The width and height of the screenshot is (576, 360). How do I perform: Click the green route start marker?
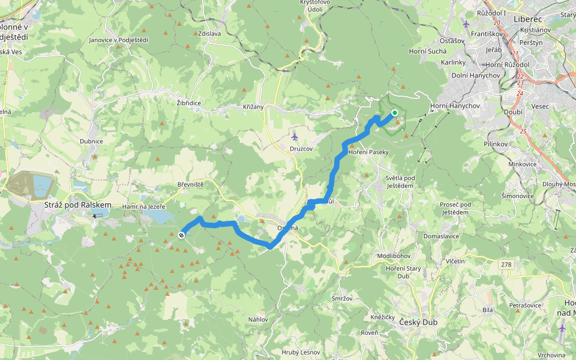pyautogui.click(x=395, y=113)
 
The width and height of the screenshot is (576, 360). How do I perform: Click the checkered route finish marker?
pyautogui.click(x=181, y=235)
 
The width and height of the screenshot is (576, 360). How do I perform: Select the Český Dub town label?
pyautogui.click(x=418, y=322)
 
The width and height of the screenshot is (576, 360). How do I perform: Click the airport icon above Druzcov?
pyautogui.click(x=294, y=136)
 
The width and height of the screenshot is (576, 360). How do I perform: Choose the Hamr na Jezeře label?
pyautogui.click(x=143, y=206)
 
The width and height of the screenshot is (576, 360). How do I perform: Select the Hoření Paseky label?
pyautogui.click(x=369, y=152)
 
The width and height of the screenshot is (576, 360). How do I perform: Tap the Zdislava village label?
pyautogui.click(x=208, y=34)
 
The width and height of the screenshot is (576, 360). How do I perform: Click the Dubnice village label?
pyautogui.click(x=91, y=141)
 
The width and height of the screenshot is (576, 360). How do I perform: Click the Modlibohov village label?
pyautogui.click(x=393, y=256)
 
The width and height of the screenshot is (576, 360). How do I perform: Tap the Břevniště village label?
pyautogui.click(x=191, y=184)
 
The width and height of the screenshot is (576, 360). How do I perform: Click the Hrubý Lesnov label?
pyautogui.click(x=299, y=352)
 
